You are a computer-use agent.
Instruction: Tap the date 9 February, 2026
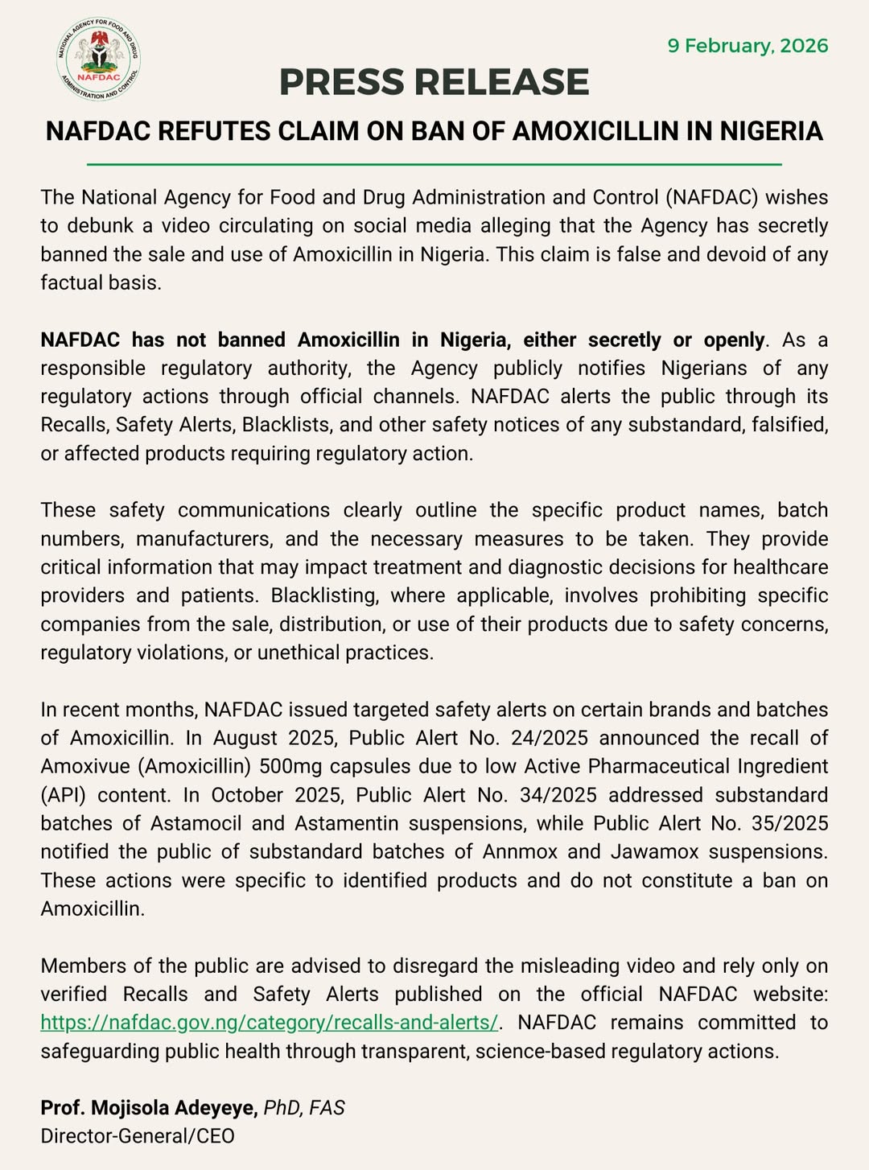tap(748, 45)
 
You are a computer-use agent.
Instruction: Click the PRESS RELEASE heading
tap(434, 82)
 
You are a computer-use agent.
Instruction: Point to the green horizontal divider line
tap(434, 164)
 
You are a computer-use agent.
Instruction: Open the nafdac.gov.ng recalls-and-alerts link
tap(269, 1023)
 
